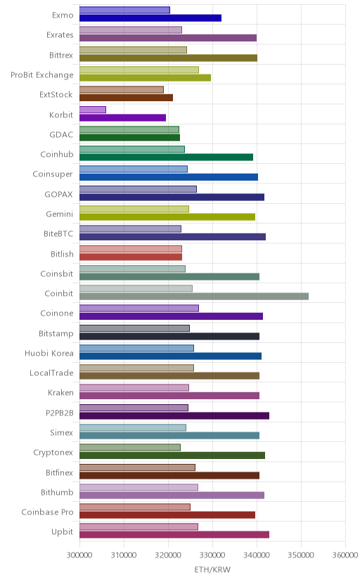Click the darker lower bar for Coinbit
coord(194,296)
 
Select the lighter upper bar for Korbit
coord(92,110)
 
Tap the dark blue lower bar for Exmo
coord(150,18)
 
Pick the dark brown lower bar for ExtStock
coord(126,98)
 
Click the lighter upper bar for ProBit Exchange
coord(139,70)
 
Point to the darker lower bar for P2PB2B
coord(174,415)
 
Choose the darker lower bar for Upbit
coord(174,534)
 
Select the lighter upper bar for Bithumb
coord(139,487)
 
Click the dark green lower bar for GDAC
coord(129,137)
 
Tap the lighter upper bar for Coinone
coord(139,308)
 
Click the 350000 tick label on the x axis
coord(301,555)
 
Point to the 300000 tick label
coord(79,555)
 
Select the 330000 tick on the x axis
coord(212,555)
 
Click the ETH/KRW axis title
coord(212,570)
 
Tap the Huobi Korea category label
coord(49,353)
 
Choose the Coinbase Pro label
coord(48,512)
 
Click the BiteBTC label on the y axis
coord(58,234)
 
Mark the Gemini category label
coord(59,214)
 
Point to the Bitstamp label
coord(56,333)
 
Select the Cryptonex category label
coord(53,453)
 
